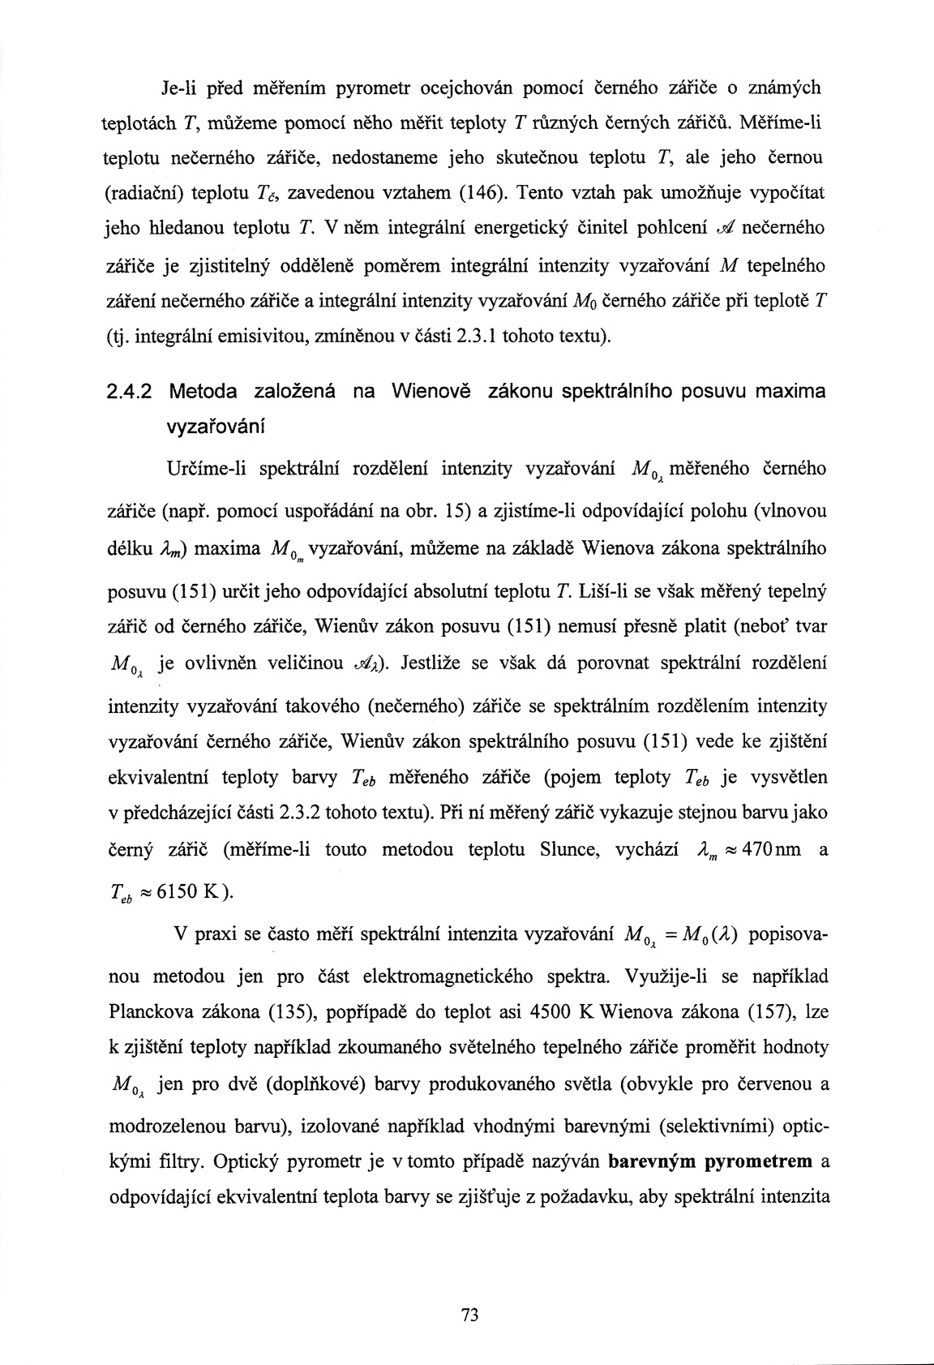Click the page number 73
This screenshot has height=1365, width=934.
pos(466,1316)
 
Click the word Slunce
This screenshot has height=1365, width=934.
pos(568,849)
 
